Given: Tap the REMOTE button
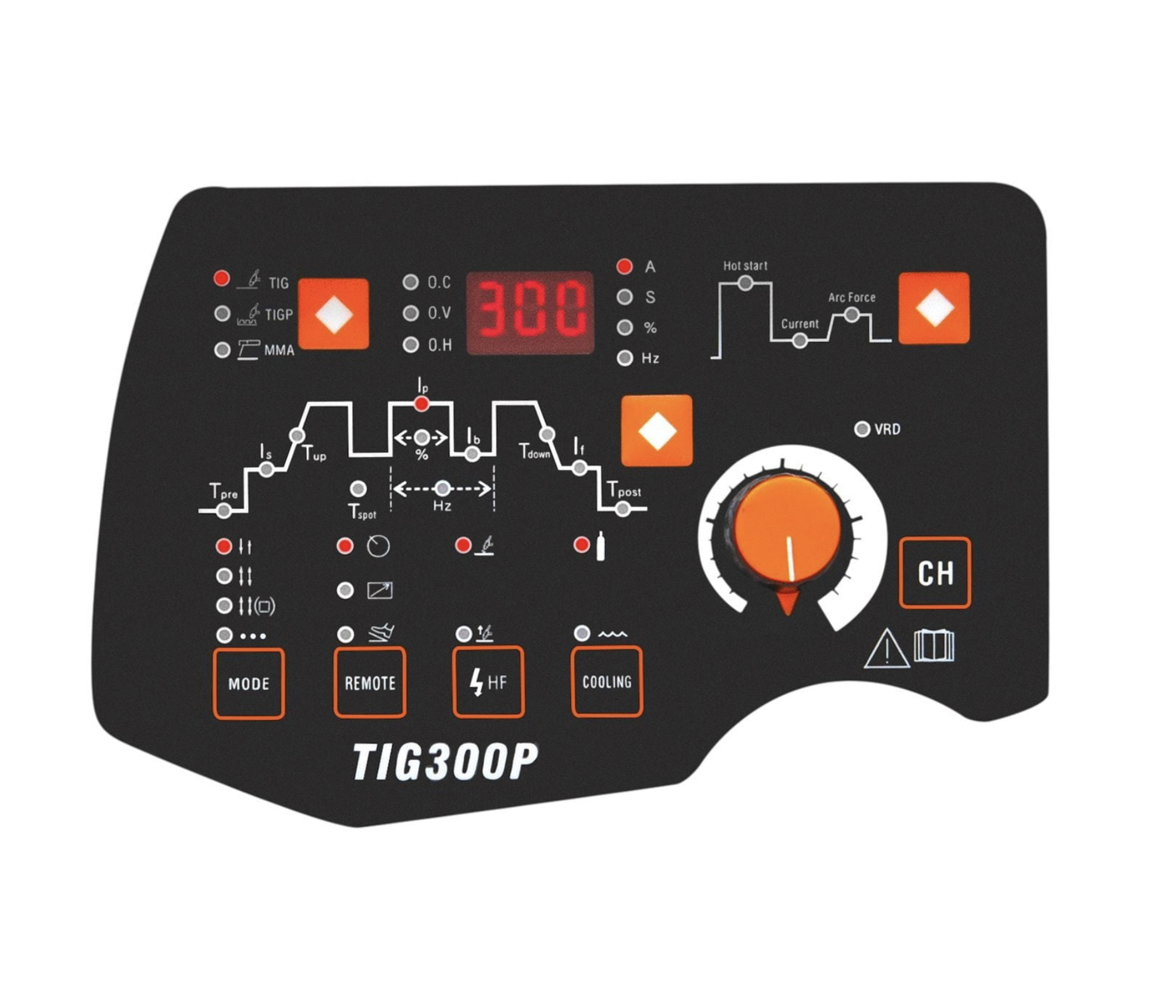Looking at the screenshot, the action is (x=369, y=682).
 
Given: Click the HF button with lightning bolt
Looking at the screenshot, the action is (x=488, y=682).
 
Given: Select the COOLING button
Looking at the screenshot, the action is (x=607, y=681).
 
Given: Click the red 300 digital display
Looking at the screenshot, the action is (x=530, y=313).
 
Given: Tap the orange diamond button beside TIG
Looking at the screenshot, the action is (x=334, y=314).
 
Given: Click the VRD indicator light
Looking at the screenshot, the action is (x=862, y=429).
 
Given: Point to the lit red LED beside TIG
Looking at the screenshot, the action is (x=221, y=278).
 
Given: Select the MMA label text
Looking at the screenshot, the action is (x=279, y=350).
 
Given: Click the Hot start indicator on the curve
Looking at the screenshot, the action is (x=745, y=284).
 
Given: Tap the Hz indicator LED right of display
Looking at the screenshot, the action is (x=625, y=359).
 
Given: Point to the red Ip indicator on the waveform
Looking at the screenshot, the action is (x=421, y=404).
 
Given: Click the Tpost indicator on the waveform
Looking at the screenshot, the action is (x=623, y=509).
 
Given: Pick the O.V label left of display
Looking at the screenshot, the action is (x=439, y=313).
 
